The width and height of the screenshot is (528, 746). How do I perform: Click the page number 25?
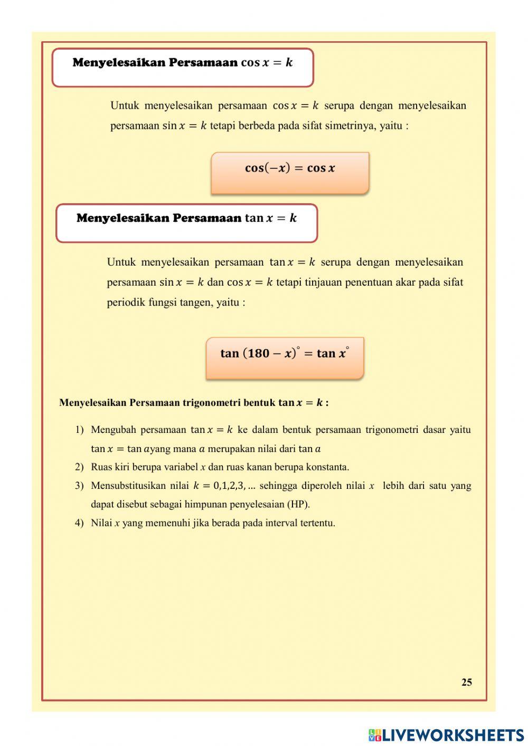[x=466, y=682]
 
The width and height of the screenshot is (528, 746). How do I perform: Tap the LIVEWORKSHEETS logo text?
[x=452, y=734]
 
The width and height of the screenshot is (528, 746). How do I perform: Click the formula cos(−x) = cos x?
[x=290, y=168]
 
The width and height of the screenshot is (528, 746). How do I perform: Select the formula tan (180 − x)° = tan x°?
[x=285, y=353]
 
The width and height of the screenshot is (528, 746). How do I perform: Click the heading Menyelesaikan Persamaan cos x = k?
[x=182, y=63]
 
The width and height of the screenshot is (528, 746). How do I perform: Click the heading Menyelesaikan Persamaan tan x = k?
[x=186, y=218]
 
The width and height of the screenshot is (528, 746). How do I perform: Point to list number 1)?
[x=79, y=430]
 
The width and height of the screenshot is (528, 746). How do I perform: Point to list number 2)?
[x=79, y=467]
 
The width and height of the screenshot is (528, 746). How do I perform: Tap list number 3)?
[x=79, y=486]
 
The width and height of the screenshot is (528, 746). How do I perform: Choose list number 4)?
[x=79, y=523]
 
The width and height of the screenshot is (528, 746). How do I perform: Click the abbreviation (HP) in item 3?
[x=298, y=504]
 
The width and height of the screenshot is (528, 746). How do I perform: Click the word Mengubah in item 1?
[x=113, y=430]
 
